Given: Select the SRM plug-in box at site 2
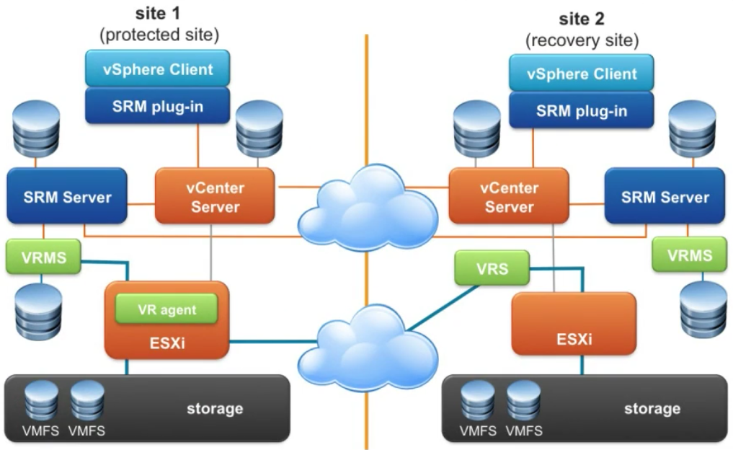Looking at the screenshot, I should point(581,110).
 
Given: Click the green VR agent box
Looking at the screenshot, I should point(167,309).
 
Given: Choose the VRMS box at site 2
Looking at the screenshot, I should point(689,255).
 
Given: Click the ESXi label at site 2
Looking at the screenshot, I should point(574,338).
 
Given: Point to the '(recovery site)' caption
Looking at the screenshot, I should point(582,40).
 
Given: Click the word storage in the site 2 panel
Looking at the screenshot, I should point(652,409).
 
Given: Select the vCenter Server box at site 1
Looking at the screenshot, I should point(215,196).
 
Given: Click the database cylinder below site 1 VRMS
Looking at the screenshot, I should point(38,310).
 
